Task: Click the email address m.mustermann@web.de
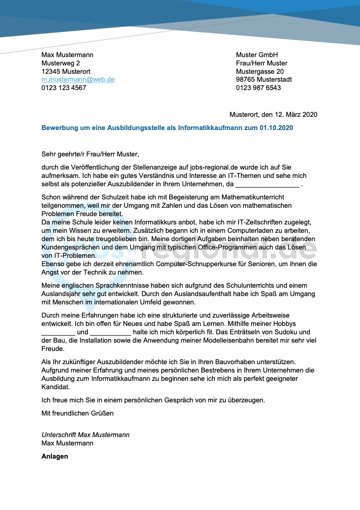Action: pos(78,80)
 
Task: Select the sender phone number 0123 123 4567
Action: pos(64,88)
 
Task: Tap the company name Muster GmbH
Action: pos(257,55)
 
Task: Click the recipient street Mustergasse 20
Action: pos(260,72)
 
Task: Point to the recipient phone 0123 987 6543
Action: pos(258,88)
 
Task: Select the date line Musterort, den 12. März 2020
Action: pos(273,115)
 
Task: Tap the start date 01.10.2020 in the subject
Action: pos(276,128)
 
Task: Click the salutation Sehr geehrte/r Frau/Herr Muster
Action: pos(90,154)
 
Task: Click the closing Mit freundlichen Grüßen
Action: pos(77,413)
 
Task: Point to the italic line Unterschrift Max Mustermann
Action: pos(86,435)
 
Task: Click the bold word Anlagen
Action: pos(55,456)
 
